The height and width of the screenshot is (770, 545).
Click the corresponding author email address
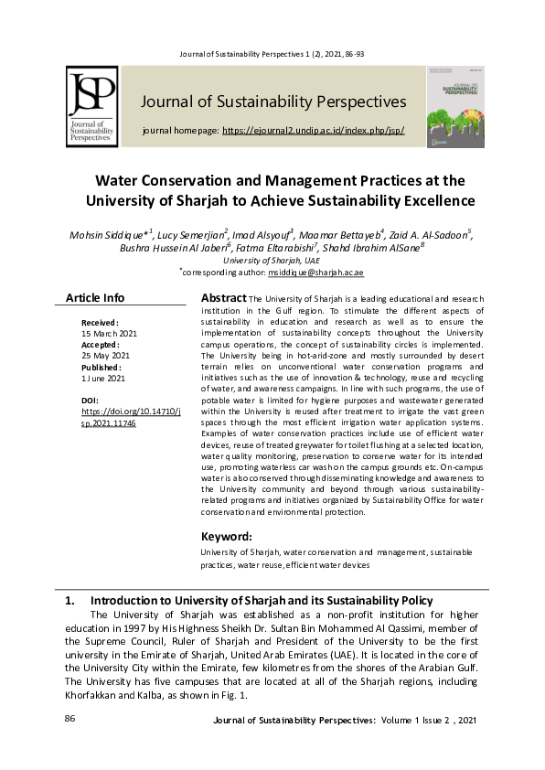(x=315, y=273)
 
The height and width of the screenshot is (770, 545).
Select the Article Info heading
(x=95, y=298)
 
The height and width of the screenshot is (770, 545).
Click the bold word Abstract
(x=223, y=298)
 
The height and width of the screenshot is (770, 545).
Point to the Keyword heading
(x=226, y=536)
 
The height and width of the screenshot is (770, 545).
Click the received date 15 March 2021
(x=110, y=334)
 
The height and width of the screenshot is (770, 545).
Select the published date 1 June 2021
(x=103, y=378)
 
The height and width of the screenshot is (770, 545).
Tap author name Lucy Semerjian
(x=192, y=235)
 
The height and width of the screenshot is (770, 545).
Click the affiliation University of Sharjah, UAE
(x=272, y=261)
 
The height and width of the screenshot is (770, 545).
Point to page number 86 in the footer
(x=69, y=720)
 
